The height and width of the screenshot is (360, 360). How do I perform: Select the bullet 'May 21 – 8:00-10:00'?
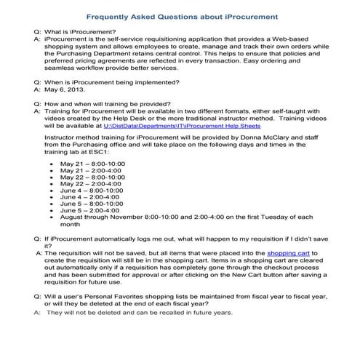(x=92, y=165)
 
